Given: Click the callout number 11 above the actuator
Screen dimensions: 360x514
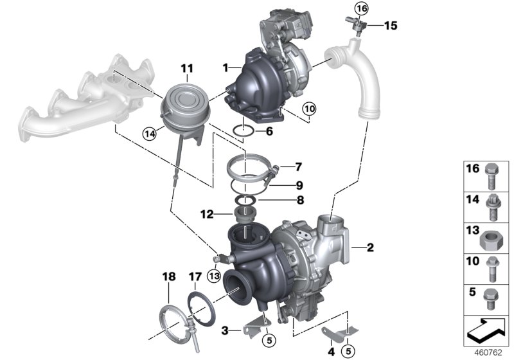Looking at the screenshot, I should pos(186,68).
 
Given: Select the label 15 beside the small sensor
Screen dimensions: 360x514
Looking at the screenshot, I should pos(391,26).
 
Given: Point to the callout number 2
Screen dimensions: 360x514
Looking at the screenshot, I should pos(369,246).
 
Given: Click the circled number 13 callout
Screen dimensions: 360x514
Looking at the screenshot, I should pos(214,276).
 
